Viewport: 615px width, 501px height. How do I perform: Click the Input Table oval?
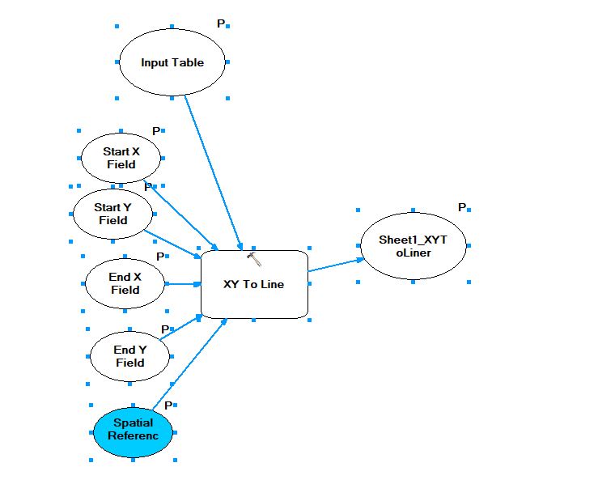click(172, 62)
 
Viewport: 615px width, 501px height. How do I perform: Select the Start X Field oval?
click(121, 157)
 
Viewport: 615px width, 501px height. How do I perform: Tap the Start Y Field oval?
click(113, 214)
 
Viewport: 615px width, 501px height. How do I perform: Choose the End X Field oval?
click(125, 283)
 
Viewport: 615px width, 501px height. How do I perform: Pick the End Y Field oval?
click(129, 356)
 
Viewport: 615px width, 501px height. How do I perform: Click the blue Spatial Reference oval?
click(133, 429)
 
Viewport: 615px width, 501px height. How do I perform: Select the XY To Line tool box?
click(254, 284)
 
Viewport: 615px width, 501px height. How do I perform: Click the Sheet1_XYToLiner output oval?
click(413, 246)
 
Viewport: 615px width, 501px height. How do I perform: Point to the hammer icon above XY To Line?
click(254, 259)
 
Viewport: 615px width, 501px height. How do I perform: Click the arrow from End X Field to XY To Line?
click(183, 284)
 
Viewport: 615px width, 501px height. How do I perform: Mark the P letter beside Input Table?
click(221, 24)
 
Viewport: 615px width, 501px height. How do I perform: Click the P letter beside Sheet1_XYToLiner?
click(462, 207)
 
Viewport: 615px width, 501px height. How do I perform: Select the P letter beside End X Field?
click(160, 257)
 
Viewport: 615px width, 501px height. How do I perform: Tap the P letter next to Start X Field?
click(156, 131)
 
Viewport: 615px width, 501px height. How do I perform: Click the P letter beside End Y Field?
click(165, 329)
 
